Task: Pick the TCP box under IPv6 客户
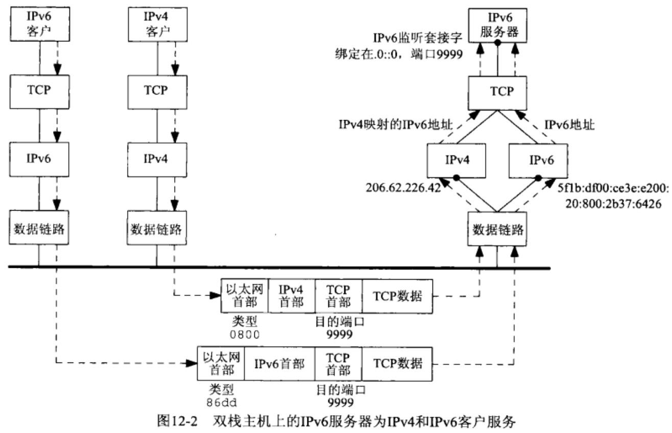(x=38, y=90)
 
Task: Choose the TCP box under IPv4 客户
(x=155, y=90)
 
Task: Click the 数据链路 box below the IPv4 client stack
(x=155, y=225)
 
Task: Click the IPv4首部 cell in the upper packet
(x=291, y=295)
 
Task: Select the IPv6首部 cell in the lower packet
(x=279, y=363)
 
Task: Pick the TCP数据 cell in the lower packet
(x=398, y=363)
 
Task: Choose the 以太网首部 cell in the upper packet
(x=244, y=295)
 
